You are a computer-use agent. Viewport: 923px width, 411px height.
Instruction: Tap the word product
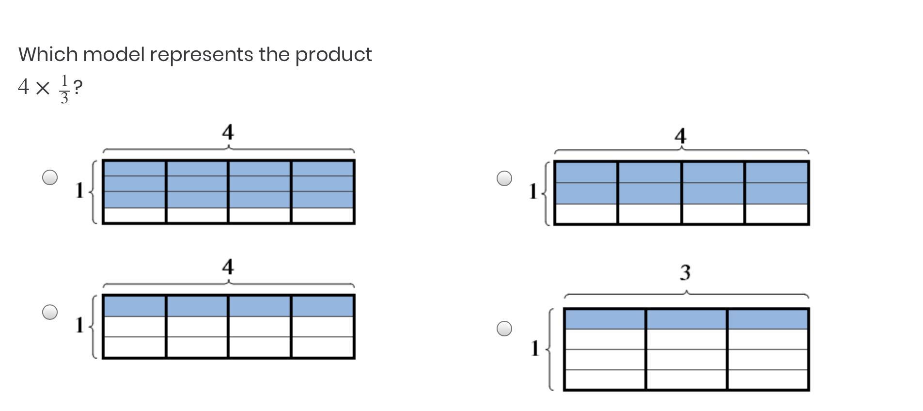click(x=333, y=55)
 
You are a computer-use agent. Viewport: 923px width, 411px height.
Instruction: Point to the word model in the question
click(x=114, y=54)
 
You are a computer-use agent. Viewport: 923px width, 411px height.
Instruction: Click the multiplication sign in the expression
click(x=43, y=88)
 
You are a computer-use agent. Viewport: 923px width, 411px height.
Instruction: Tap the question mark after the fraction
click(x=78, y=88)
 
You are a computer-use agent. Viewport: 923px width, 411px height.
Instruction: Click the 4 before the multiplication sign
click(x=23, y=87)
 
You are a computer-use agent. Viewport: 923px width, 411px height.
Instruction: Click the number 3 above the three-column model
click(x=685, y=272)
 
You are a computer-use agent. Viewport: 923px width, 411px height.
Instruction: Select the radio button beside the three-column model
click(x=504, y=329)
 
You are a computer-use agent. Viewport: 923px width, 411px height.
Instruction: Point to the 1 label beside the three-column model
click(x=535, y=348)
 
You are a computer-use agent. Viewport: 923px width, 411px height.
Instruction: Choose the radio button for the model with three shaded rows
click(x=50, y=177)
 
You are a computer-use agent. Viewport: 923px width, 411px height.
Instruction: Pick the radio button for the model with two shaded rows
click(x=504, y=178)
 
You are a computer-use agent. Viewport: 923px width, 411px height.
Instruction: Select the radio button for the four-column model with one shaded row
click(x=50, y=312)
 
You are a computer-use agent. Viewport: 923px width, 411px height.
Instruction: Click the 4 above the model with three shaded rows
click(x=228, y=132)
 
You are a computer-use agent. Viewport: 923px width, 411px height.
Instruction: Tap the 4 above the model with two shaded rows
click(x=680, y=136)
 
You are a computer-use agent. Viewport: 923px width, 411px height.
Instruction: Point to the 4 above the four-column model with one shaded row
click(x=228, y=267)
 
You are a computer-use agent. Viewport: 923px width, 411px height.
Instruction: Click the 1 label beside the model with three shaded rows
click(x=80, y=190)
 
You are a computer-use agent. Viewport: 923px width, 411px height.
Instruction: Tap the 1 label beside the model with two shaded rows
click(x=533, y=191)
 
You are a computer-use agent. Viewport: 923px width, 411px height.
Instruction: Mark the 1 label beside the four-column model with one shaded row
click(x=80, y=325)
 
